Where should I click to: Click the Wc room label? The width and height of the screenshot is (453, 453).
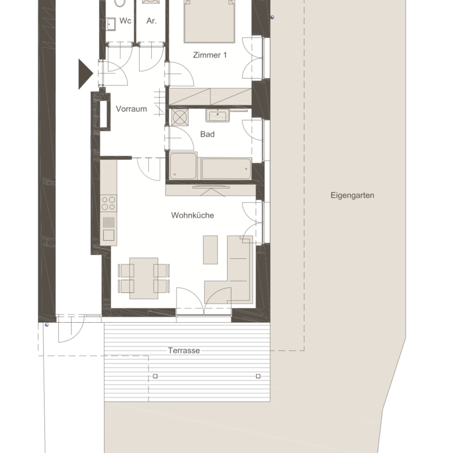125,21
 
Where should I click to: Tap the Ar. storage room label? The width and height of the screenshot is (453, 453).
151,21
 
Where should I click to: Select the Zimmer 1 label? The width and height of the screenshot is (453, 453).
210,55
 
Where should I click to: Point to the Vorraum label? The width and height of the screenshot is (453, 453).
131,109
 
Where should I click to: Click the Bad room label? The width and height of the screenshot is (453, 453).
207,134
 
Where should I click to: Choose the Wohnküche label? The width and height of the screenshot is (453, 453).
193,215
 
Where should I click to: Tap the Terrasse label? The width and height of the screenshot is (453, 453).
184,351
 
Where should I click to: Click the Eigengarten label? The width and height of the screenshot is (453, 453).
352,195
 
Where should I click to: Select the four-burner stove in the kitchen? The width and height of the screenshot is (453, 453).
109,203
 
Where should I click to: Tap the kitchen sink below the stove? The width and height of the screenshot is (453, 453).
109,229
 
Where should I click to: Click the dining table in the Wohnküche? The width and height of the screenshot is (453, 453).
144,278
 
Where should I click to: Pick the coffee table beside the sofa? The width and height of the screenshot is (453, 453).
210,250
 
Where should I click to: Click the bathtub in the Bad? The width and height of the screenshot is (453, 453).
226,169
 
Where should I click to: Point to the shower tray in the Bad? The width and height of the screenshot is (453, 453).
183,166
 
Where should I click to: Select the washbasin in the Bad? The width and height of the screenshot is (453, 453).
217,116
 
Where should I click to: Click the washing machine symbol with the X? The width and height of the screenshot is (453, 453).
180,117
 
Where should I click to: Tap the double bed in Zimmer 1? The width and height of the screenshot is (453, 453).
209,22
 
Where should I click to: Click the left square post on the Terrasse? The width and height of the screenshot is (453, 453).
155,376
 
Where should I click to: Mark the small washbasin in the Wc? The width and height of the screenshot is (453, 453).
111,24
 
